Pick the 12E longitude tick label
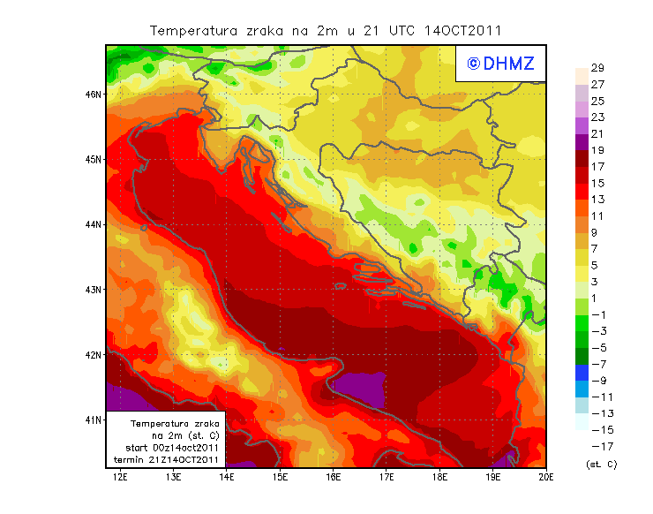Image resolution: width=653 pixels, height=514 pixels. (x=120, y=478)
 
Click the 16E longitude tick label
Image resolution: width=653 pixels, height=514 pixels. (x=333, y=478)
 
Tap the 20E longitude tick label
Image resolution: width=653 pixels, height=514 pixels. (x=545, y=478)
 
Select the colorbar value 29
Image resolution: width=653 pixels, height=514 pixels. (x=597, y=68)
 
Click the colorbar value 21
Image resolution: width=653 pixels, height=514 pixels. (x=597, y=133)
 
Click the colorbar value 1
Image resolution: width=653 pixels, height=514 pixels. (x=595, y=298)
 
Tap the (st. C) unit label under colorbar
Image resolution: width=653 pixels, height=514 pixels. (x=601, y=464)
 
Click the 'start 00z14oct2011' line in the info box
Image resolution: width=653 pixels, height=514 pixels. (x=171, y=448)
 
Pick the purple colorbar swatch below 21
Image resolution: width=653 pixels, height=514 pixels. (x=581, y=141)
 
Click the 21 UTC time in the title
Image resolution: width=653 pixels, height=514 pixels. (x=382, y=30)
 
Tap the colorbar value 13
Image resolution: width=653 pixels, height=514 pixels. (x=597, y=200)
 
